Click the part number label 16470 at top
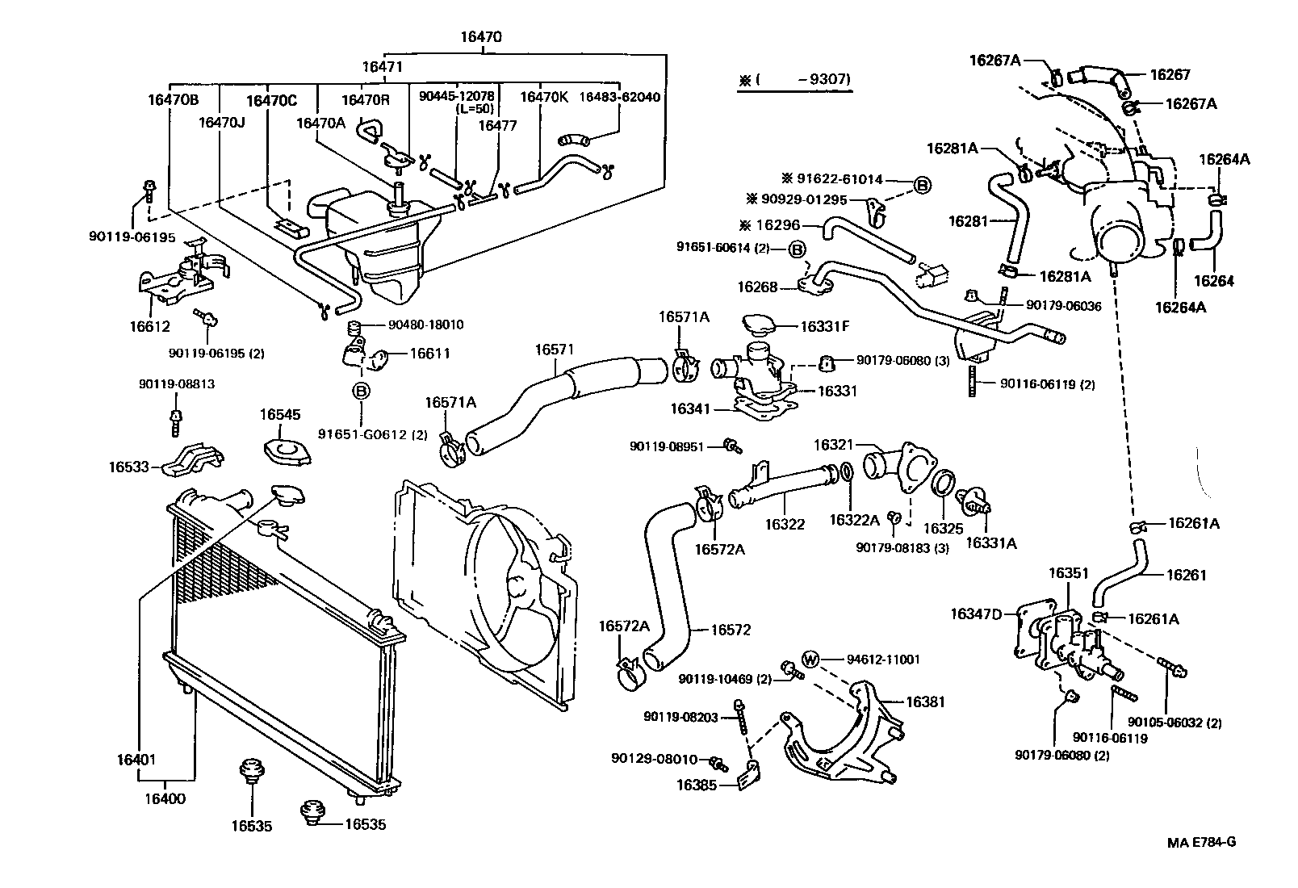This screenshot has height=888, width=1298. (x=481, y=37)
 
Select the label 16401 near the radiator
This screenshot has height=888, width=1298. (x=136, y=760)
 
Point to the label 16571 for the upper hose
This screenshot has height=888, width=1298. (x=555, y=350)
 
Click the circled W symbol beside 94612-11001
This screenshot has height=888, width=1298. (x=811, y=660)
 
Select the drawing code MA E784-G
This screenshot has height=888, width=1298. (x=1201, y=842)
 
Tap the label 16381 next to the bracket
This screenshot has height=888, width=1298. (x=925, y=702)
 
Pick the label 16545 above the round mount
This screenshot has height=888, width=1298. (x=280, y=415)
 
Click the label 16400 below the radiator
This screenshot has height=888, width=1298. (x=165, y=799)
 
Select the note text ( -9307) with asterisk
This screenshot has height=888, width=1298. (x=794, y=80)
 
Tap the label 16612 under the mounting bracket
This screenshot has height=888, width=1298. (x=149, y=326)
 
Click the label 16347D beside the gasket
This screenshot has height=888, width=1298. (x=975, y=614)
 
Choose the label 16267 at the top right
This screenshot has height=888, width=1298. (x=1170, y=74)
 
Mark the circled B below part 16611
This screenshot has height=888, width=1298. (x=361, y=392)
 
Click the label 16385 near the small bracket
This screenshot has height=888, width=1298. (x=697, y=784)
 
